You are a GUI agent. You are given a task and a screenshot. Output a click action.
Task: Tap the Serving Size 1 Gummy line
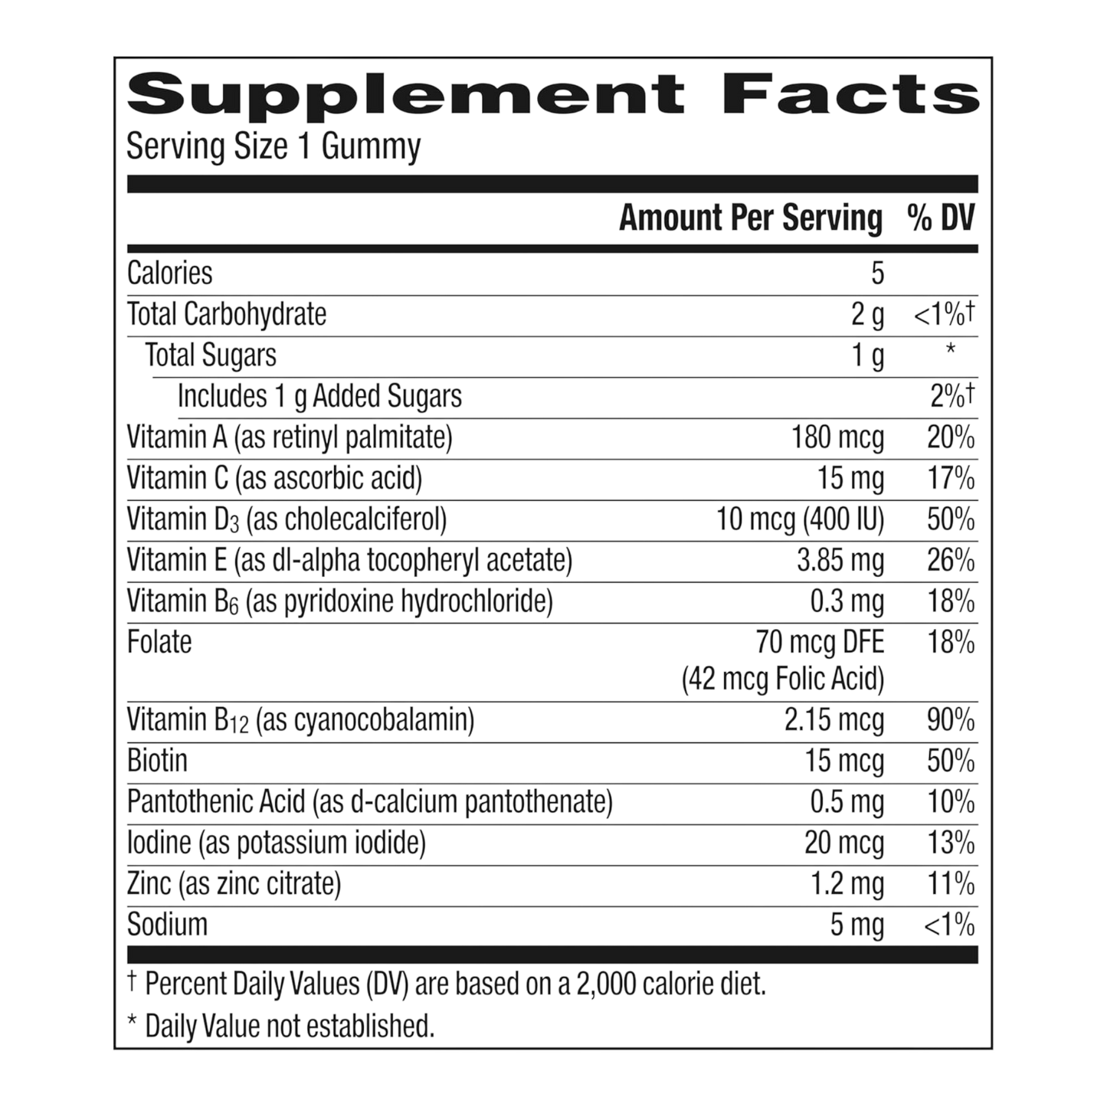tap(273, 147)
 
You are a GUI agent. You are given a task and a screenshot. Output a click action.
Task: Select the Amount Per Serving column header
tap(750, 219)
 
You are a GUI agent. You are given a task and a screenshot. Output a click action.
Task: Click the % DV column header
tap(940, 219)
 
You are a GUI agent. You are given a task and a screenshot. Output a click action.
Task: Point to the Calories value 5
tap(877, 273)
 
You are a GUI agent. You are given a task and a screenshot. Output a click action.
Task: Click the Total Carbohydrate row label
tap(226, 314)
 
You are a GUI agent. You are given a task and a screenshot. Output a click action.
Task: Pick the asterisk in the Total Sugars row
tap(950, 350)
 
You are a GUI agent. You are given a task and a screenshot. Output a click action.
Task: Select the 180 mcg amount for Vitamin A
tap(837, 438)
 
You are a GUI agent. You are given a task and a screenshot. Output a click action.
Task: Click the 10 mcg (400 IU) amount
tap(801, 520)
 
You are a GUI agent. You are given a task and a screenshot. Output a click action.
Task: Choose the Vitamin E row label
tap(349, 562)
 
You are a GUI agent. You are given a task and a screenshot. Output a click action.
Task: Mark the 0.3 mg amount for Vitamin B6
tap(847, 602)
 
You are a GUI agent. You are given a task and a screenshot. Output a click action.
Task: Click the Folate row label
tap(159, 642)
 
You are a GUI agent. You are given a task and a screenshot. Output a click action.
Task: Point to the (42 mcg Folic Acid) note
tap(783, 680)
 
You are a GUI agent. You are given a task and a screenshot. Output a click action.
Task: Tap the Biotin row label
tap(157, 761)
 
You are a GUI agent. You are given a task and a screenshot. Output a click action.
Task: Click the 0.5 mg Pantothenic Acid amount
tap(847, 802)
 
